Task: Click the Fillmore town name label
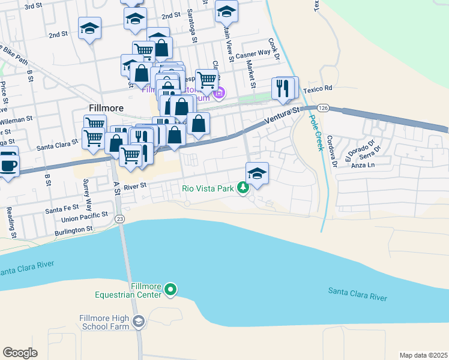click(x=106, y=108)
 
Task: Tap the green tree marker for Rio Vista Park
click(x=243, y=188)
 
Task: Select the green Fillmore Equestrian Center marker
click(x=170, y=290)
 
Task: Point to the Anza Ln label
click(x=363, y=164)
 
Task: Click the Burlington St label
click(x=73, y=229)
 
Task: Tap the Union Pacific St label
click(x=80, y=214)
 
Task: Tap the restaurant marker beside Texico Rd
click(x=284, y=88)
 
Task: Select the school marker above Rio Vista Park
click(x=257, y=173)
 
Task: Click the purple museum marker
click(x=220, y=92)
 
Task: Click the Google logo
click(x=20, y=353)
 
